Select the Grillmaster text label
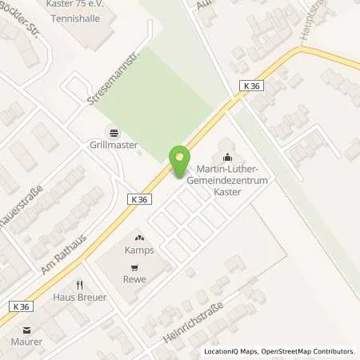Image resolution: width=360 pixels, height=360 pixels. [113, 146]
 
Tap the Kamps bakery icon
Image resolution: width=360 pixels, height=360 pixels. [138, 238]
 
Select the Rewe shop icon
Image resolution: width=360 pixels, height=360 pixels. [138, 266]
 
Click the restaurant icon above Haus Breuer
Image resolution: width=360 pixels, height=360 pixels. [79, 285]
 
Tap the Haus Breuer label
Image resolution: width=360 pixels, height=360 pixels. [80, 298]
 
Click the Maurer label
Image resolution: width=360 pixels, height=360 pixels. [26, 342]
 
